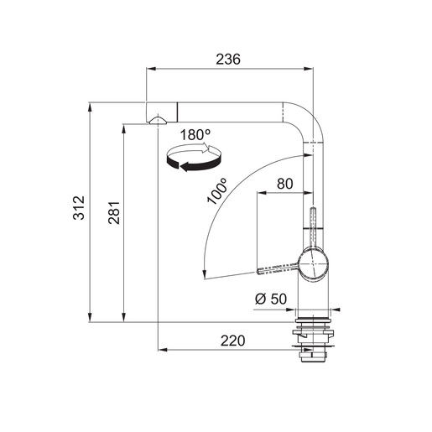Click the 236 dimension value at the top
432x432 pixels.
[228, 60]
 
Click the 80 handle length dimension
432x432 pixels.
[284, 183]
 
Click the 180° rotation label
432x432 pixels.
[195, 134]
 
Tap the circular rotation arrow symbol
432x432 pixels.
[195, 158]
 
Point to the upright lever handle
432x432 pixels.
[312, 225]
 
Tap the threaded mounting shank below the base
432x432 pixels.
[312, 352]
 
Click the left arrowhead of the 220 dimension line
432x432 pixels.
[162, 349]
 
